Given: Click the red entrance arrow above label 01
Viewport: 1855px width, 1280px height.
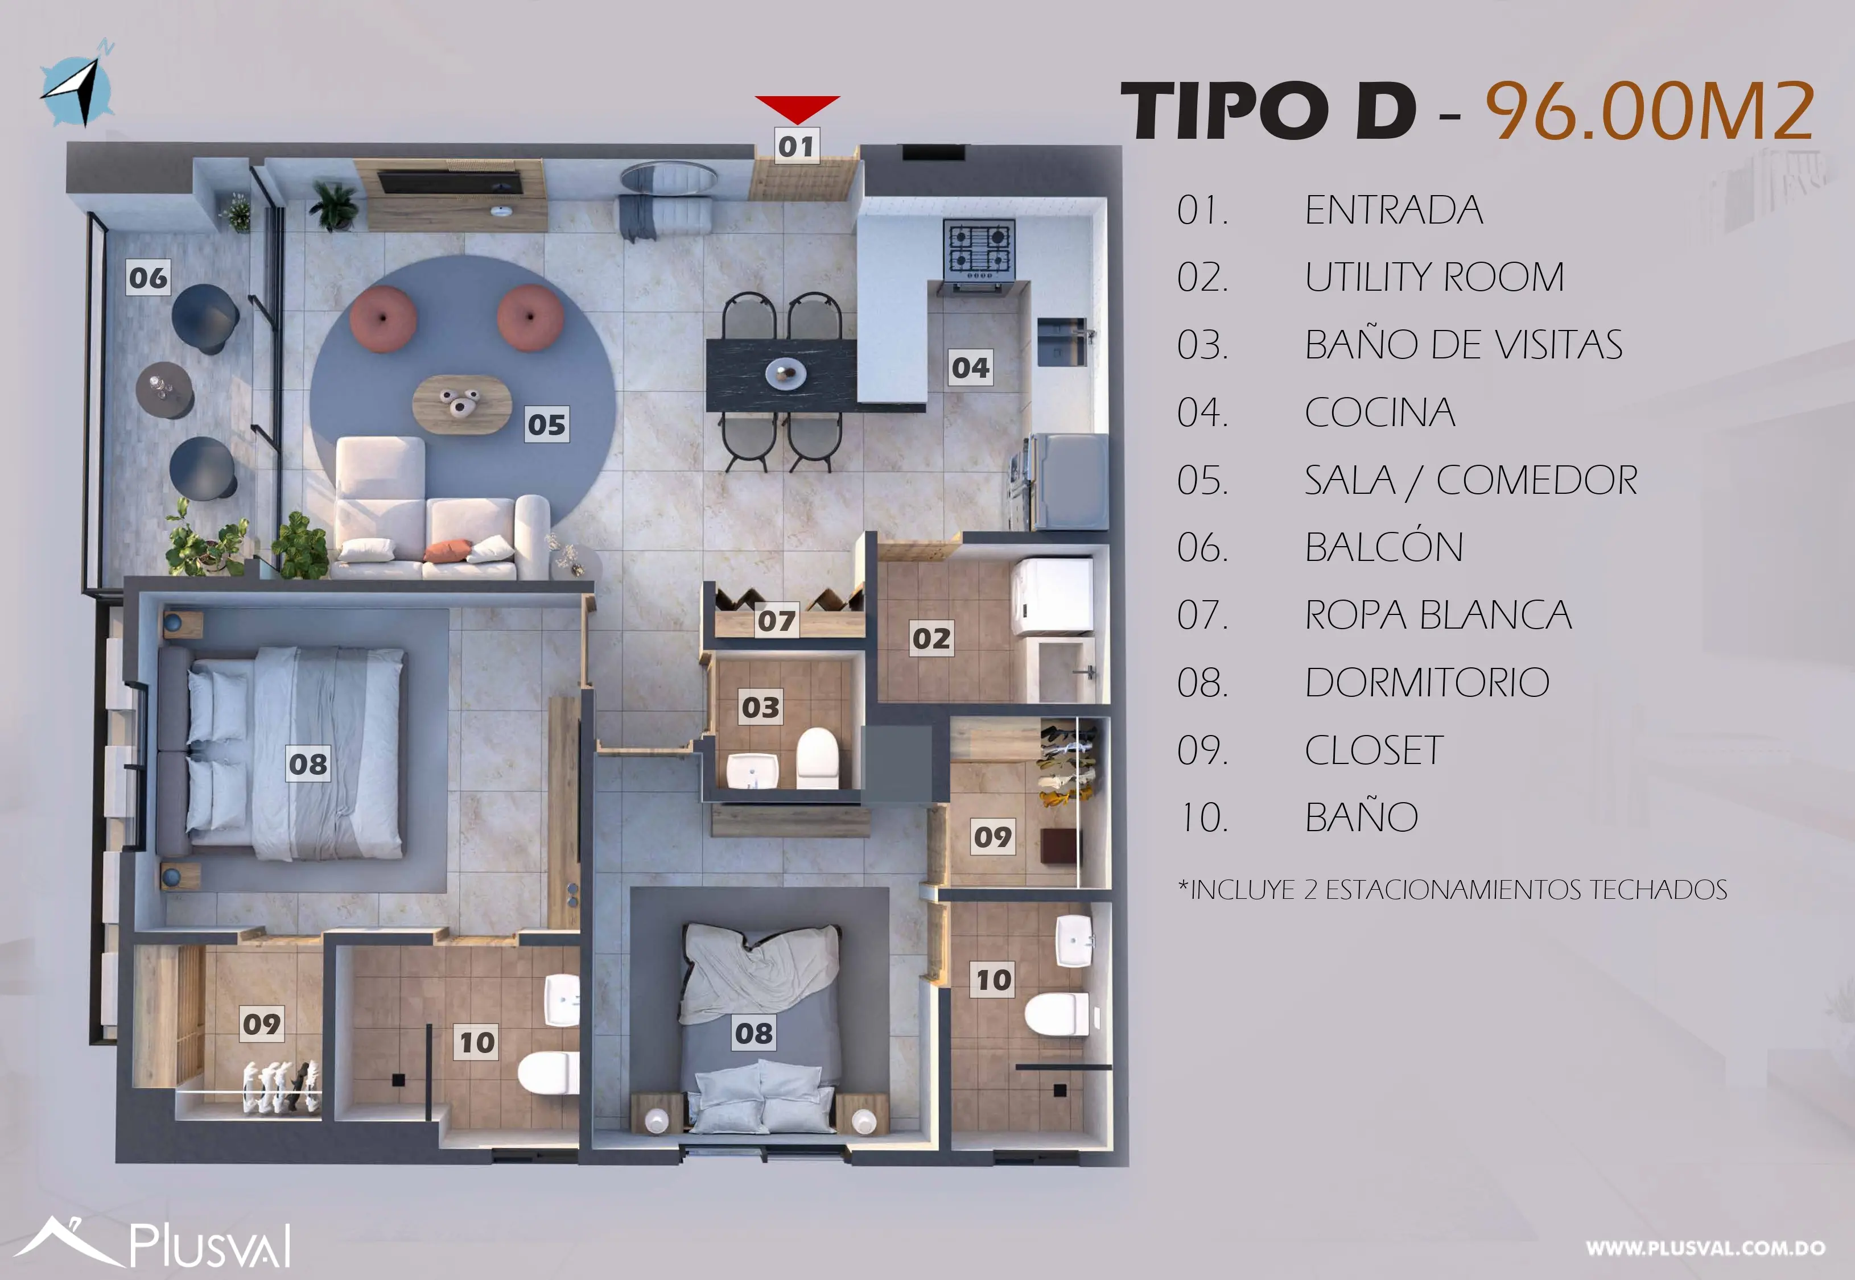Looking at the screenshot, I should (x=797, y=108).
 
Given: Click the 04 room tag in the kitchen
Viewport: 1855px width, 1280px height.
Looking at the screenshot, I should (x=970, y=368).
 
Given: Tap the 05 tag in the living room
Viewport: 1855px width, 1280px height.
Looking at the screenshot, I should (x=547, y=424).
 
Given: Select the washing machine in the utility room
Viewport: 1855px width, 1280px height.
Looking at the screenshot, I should (x=1052, y=596).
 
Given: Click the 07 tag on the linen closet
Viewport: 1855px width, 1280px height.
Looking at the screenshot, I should (x=776, y=621).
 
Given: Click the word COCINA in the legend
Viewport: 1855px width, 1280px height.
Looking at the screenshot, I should (x=1379, y=413).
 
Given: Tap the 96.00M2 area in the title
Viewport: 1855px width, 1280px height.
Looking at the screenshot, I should (x=1649, y=112).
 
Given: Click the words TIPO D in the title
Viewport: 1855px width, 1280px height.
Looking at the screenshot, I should (x=1267, y=112).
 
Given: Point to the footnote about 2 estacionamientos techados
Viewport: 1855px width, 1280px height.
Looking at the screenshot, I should (x=1452, y=889).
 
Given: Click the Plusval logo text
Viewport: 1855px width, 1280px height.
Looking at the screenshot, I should (x=210, y=1245).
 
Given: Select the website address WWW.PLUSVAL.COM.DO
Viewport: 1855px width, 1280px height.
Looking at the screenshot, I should (x=1705, y=1248).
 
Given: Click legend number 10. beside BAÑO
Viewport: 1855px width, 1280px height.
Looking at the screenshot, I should (x=1202, y=818).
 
